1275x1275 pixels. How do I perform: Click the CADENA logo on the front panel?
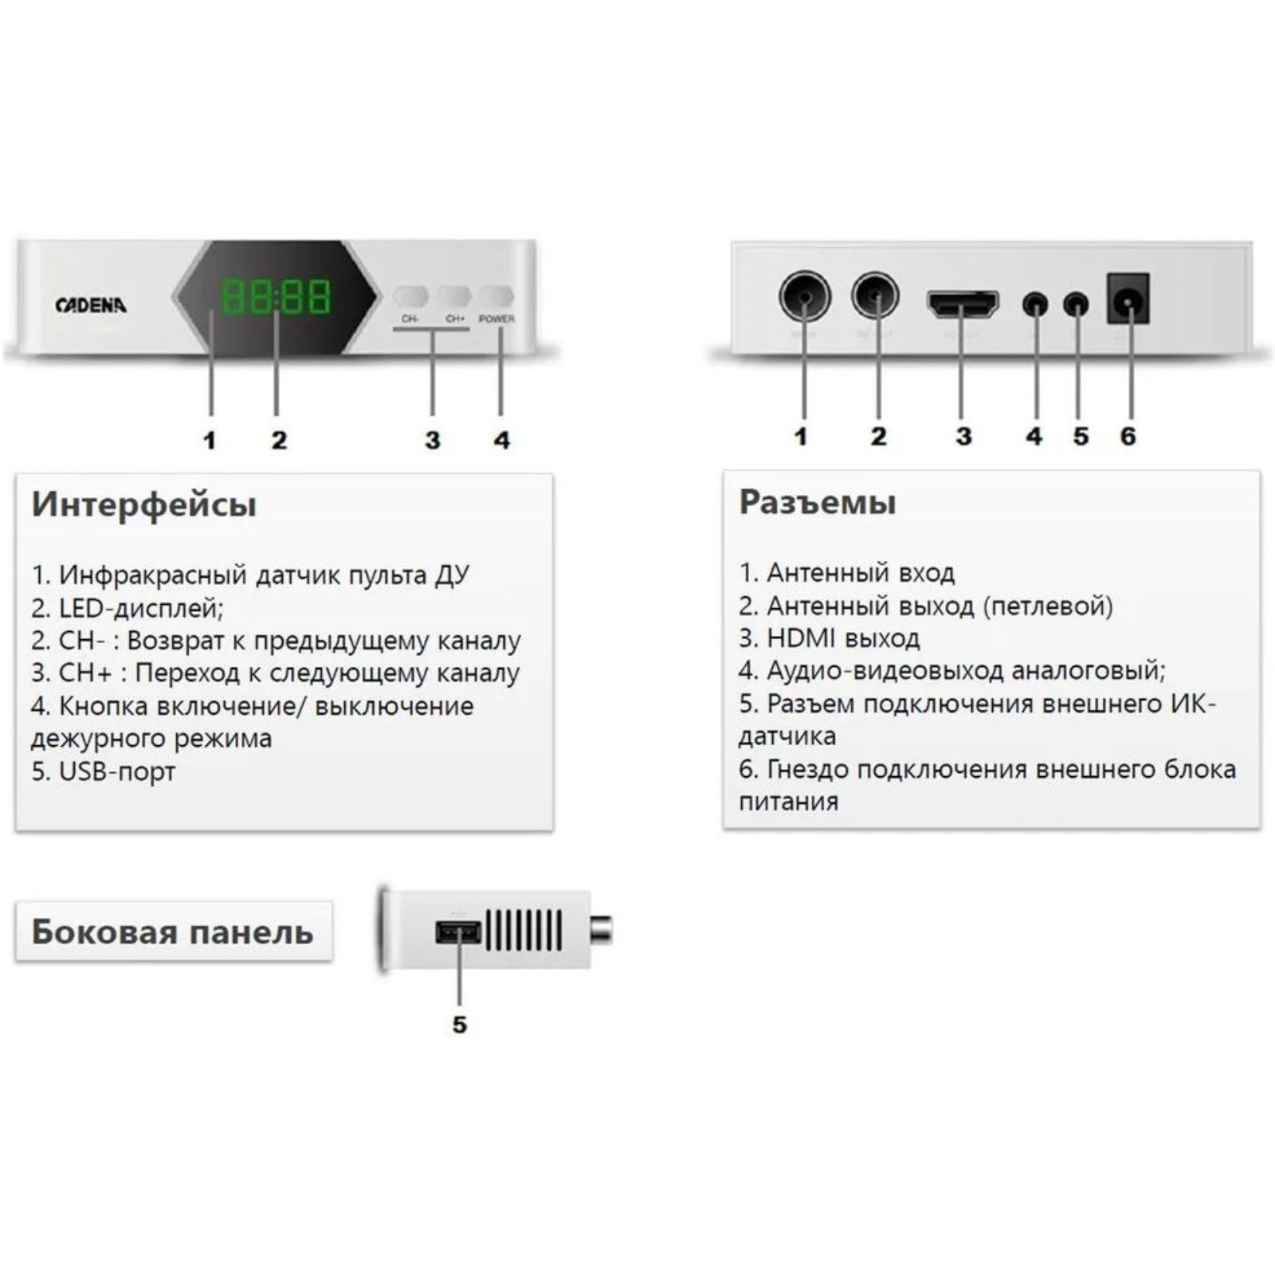tap(91, 304)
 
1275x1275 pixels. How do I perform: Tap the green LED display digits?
tap(275, 296)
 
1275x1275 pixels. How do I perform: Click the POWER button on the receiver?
tap(496, 296)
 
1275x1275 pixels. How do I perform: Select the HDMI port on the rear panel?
tap(963, 304)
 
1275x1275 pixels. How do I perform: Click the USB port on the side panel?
tap(458, 932)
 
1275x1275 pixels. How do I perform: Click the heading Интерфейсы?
tap(144, 505)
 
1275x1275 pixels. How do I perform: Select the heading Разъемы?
tap(818, 503)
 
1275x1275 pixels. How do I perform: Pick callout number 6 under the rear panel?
tap(1128, 437)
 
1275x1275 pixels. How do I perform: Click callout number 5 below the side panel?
tap(459, 1025)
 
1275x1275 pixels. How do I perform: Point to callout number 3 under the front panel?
tap(432, 441)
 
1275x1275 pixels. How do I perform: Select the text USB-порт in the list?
tap(116, 771)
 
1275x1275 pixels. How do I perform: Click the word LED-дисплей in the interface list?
tap(140, 609)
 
